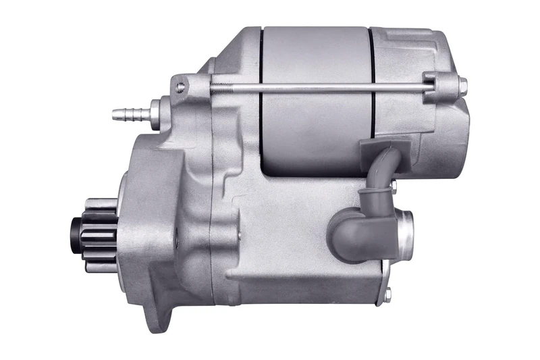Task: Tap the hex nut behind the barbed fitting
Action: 156,110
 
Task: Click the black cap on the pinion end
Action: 76,231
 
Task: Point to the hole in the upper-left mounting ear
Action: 180,86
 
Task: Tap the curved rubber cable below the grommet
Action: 385,176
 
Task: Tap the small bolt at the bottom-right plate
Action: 387,294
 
